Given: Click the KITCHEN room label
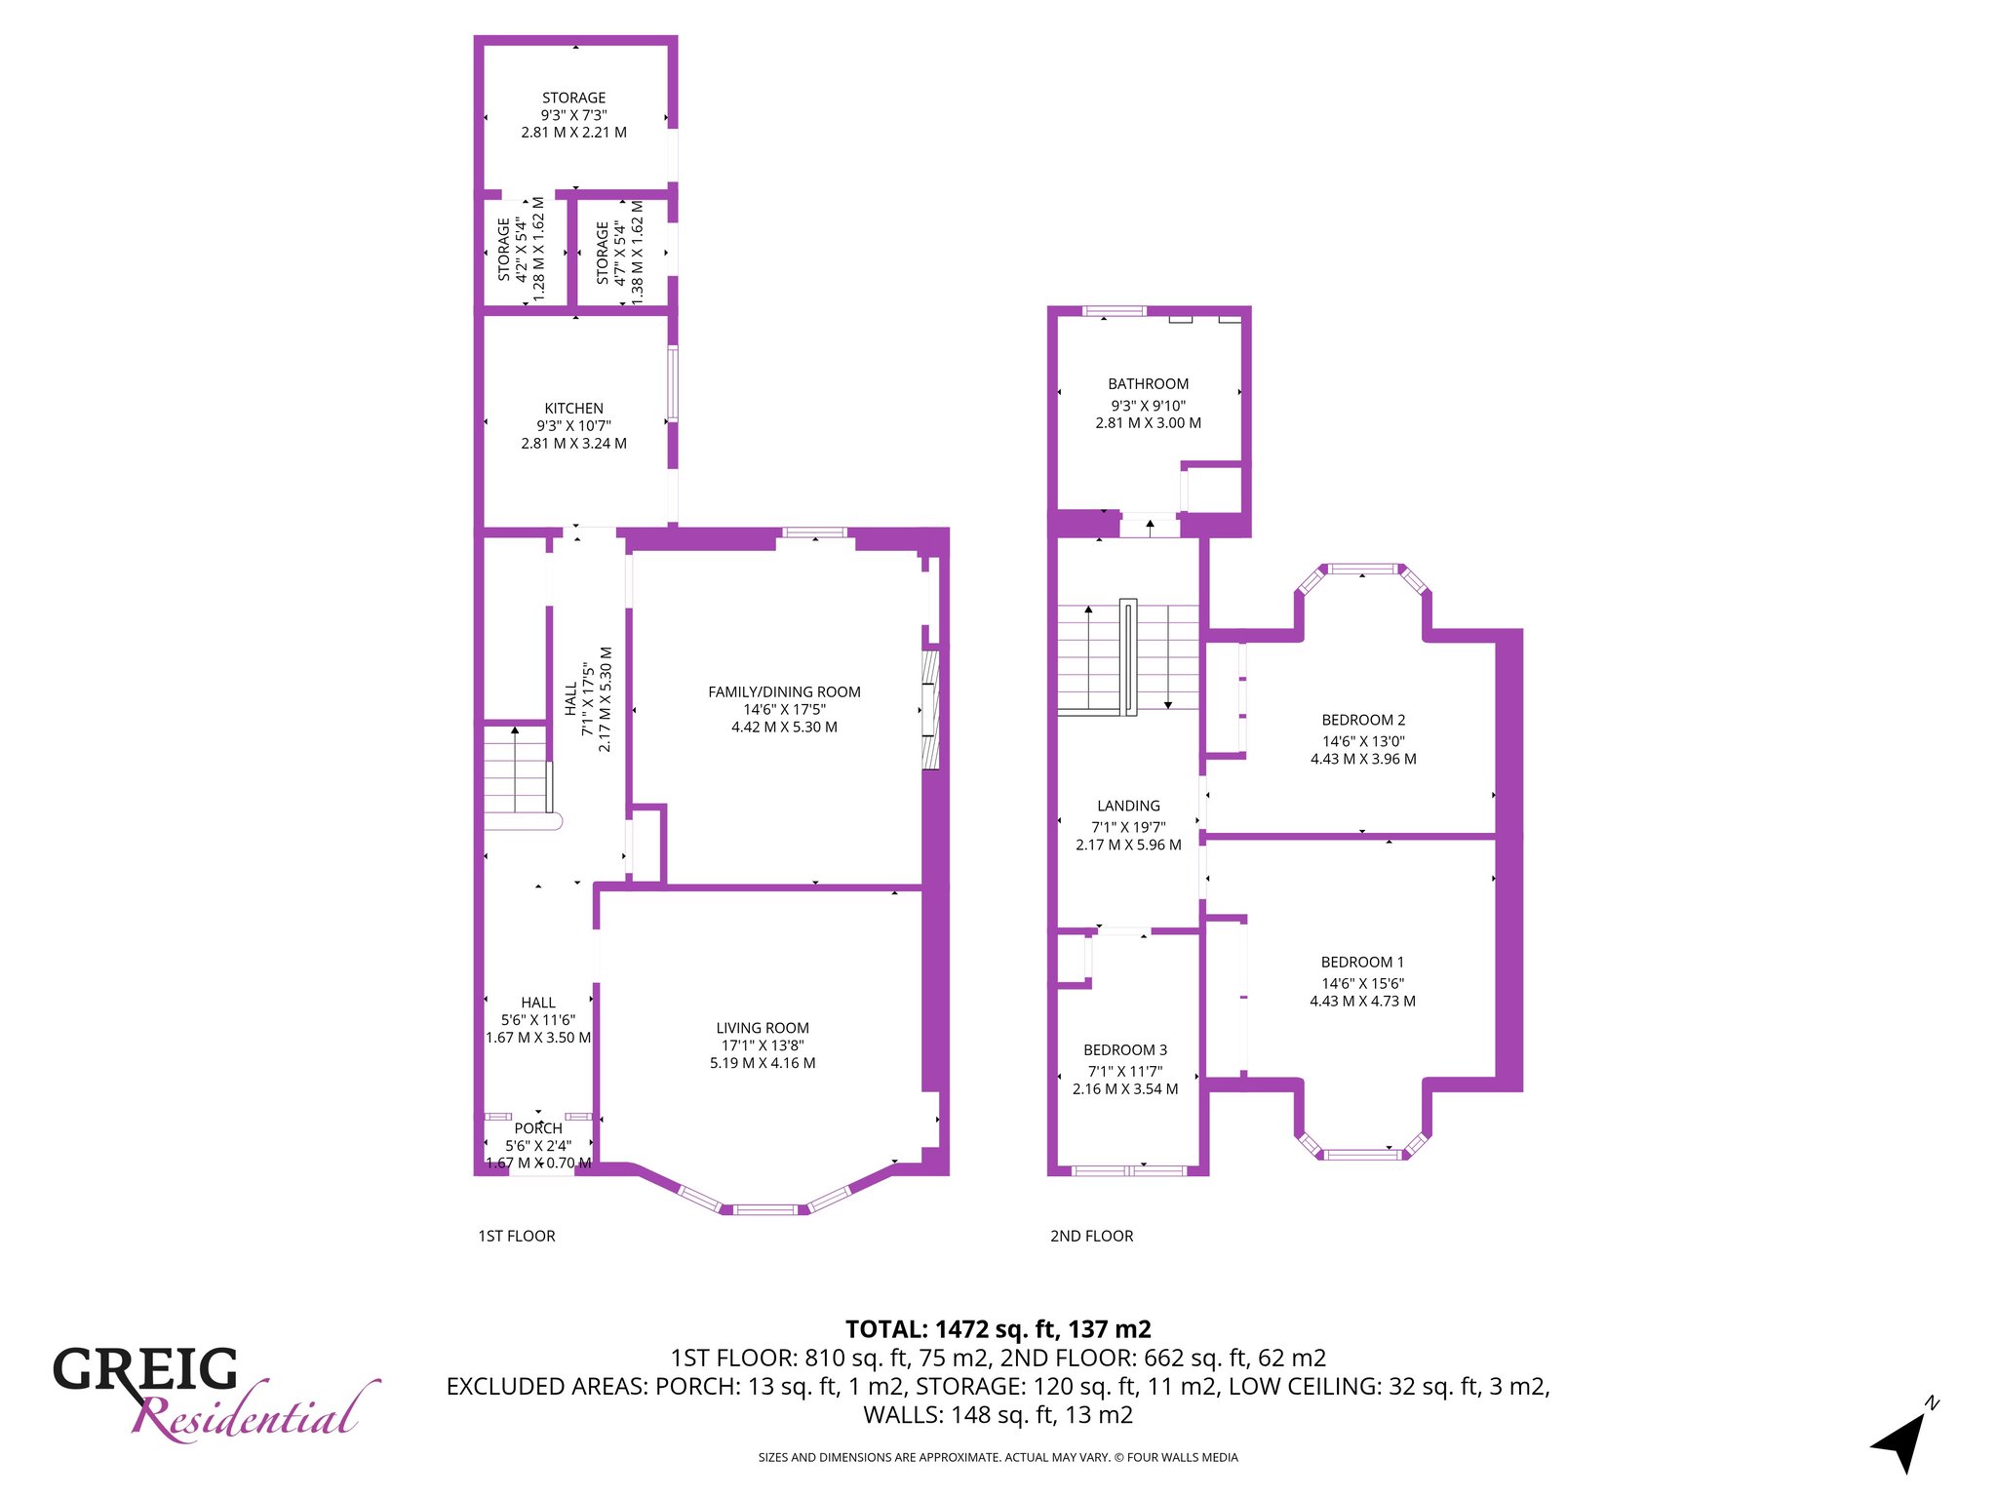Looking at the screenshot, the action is pyautogui.click(x=573, y=409).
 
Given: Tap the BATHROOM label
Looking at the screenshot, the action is pyautogui.click(x=1148, y=384).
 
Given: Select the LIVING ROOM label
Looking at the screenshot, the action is pyautogui.click(x=763, y=1028).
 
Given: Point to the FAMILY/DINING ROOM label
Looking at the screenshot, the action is pyautogui.click(x=784, y=692).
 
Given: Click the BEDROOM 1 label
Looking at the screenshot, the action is pyautogui.click(x=1362, y=962).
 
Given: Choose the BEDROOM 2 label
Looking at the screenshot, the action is pyautogui.click(x=1363, y=720).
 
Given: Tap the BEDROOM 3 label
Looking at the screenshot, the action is pyautogui.click(x=1125, y=1049).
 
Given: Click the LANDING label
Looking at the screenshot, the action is pyautogui.click(x=1128, y=806).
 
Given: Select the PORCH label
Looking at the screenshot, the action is pyautogui.click(x=538, y=1128).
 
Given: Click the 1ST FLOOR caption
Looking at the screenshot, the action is pyautogui.click(x=517, y=1236).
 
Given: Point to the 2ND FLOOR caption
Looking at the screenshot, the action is pyautogui.click(x=1091, y=1236).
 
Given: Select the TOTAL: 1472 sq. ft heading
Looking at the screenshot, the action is pyautogui.click(x=998, y=1329).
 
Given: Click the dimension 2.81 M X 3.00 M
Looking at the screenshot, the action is pyautogui.click(x=1148, y=423).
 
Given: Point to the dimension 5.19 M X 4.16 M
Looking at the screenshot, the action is pyautogui.click(x=763, y=1063).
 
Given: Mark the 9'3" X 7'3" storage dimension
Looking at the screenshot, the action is pyautogui.click(x=573, y=115).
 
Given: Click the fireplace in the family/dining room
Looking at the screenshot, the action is pyautogui.click(x=931, y=709).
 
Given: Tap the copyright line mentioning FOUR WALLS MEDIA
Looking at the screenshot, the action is pyautogui.click(x=998, y=1457).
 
